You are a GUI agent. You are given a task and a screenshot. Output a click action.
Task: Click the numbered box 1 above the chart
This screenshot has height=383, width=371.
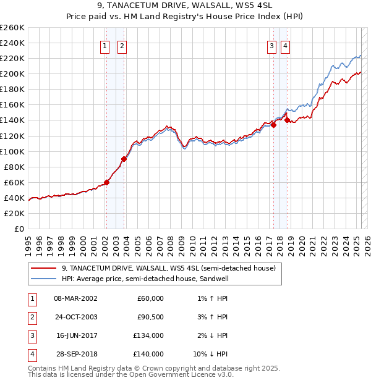105,46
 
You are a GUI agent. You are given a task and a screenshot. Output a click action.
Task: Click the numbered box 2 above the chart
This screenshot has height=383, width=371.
122,46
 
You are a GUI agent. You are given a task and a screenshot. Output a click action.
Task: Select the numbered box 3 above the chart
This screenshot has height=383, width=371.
271,46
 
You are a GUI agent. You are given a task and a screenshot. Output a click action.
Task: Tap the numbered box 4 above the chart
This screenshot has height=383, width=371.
285,46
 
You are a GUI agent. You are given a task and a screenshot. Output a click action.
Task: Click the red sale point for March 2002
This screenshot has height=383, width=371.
106,182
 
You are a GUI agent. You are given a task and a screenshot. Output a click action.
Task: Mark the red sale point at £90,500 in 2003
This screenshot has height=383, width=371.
124,159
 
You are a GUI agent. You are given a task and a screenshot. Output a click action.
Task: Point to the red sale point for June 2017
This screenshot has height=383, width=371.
273,125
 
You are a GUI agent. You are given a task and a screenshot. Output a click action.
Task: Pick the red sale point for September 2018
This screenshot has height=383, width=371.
287,120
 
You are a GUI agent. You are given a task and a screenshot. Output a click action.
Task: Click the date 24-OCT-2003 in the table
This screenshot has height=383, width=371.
76,317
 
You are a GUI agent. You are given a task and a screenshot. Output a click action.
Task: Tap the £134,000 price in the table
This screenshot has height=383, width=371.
149,335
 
